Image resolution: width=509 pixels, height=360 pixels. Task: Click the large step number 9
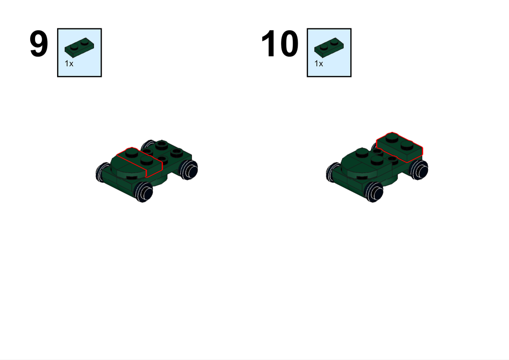coord(39,45)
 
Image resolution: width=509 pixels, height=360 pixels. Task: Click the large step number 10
coord(280,45)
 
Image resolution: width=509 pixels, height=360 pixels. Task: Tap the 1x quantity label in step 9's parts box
coord(69,64)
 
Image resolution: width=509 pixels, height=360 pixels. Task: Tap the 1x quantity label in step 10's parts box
coord(318,64)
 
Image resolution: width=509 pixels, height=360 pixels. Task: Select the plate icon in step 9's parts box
coord(79,47)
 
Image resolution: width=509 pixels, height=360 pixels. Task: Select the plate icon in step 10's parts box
coord(328,47)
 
